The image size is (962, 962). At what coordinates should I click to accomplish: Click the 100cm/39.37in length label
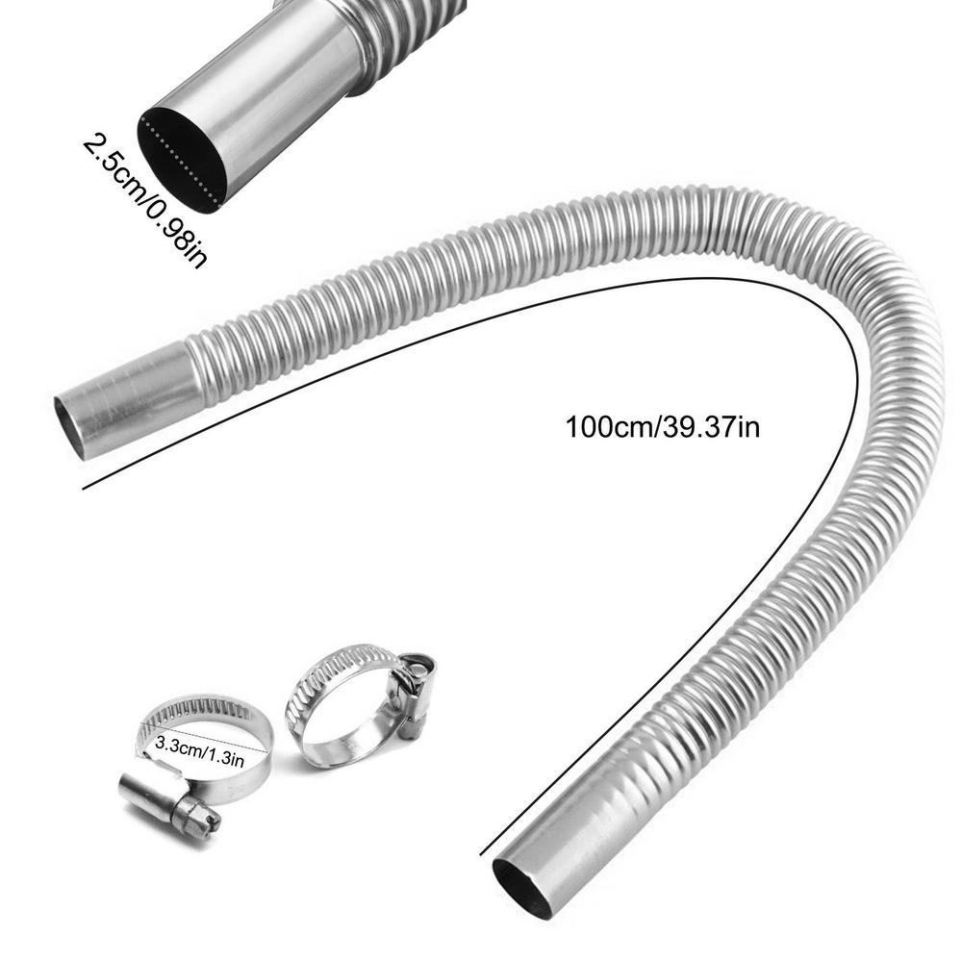pos(663,426)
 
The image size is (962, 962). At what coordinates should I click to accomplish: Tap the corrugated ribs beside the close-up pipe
pos(404,38)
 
